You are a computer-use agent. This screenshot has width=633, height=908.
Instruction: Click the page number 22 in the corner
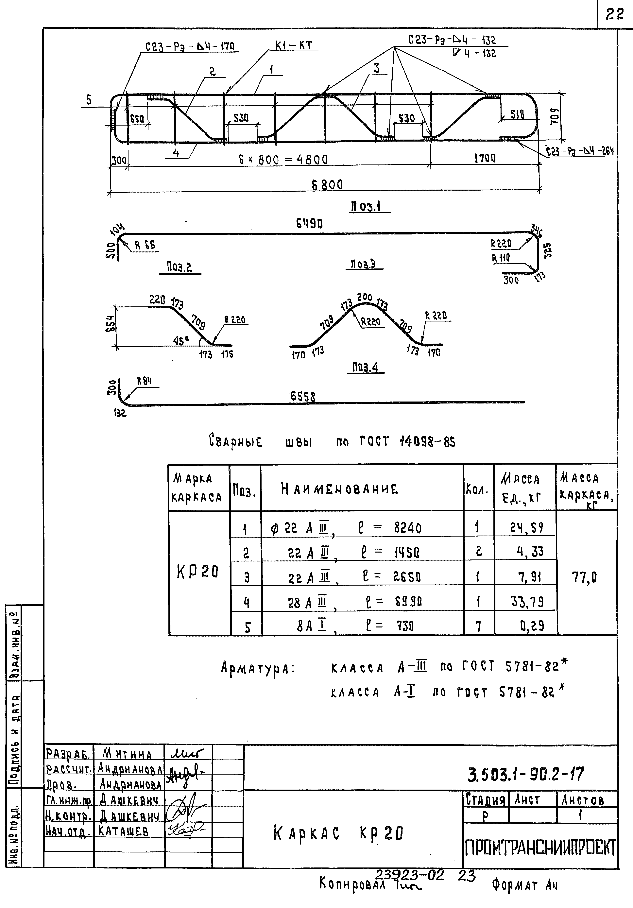[615, 14]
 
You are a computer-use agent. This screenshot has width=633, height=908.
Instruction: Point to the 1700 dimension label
[485, 158]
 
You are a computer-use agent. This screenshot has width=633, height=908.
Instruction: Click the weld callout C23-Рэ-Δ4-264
[580, 151]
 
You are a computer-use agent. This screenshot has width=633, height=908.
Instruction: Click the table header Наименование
[339, 489]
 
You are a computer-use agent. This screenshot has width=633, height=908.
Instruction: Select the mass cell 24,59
[526, 528]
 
